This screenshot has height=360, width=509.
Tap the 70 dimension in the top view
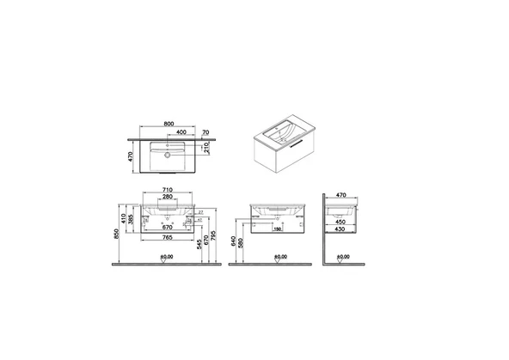[x=207, y=133]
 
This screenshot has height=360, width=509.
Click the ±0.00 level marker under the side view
[x=343, y=256]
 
